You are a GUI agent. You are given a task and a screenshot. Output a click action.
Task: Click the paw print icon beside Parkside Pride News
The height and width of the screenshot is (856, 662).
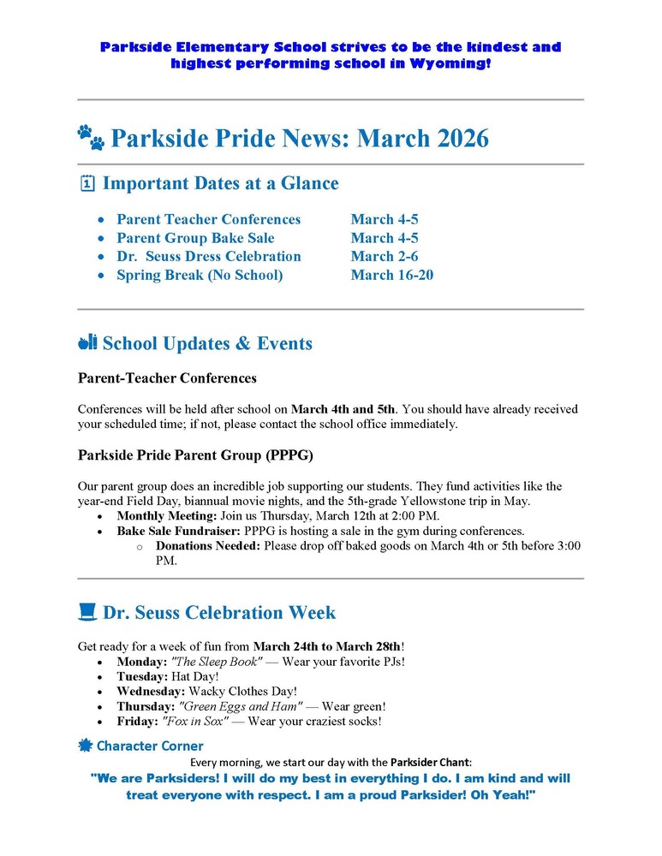click(91, 137)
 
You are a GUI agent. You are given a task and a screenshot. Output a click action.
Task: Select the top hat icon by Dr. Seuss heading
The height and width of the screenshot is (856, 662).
click(86, 612)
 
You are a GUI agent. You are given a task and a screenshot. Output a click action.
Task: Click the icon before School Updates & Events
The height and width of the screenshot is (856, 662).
click(86, 343)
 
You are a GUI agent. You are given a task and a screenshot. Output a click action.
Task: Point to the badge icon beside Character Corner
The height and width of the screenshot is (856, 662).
click(85, 746)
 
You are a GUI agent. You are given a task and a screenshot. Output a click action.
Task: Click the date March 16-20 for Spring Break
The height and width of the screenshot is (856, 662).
click(391, 275)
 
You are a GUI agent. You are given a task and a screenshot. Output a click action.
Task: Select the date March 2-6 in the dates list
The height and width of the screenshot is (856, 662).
click(384, 256)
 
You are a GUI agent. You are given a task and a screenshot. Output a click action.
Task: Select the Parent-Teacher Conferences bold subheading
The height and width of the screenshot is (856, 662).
click(167, 377)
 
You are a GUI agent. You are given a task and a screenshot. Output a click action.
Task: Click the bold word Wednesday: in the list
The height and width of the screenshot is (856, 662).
click(151, 691)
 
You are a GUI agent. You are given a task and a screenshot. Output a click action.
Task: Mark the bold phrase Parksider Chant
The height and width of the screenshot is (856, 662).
click(429, 761)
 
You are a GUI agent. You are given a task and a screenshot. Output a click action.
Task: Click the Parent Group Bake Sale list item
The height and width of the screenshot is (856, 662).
click(195, 238)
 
